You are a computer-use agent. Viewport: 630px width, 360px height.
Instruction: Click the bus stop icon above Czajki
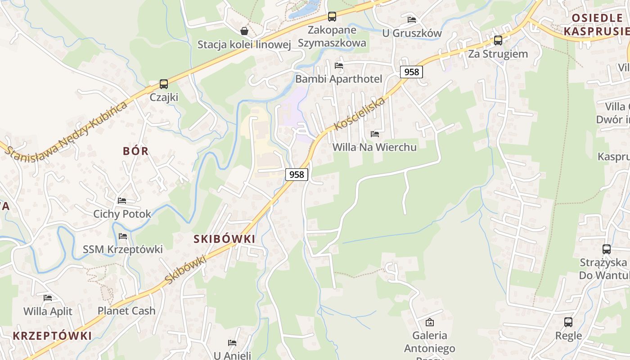(x=164, y=84)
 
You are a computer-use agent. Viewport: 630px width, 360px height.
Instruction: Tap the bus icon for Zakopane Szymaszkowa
(x=332, y=17)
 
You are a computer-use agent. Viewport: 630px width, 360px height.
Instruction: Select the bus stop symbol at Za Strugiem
(x=498, y=40)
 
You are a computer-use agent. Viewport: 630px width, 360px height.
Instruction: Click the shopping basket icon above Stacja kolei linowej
(x=244, y=31)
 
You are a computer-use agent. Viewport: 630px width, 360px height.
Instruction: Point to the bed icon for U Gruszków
(x=412, y=20)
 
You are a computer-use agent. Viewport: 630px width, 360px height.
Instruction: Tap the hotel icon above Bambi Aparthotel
(x=339, y=66)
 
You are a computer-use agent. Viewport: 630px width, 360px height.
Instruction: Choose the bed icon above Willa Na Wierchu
(x=374, y=134)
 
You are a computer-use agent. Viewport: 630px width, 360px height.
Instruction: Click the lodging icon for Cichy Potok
(x=122, y=201)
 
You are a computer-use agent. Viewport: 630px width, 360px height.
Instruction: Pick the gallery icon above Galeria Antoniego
(x=430, y=322)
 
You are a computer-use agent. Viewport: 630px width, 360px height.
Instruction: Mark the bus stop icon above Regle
(x=568, y=322)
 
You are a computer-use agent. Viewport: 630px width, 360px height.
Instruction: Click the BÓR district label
(x=135, y=151)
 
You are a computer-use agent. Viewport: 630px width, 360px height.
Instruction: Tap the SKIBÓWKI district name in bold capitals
(x=224, y=239)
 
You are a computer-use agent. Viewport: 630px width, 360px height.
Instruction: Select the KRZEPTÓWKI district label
(x=52, y=336)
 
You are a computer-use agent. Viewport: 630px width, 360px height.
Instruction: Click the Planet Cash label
(x=126, y=310)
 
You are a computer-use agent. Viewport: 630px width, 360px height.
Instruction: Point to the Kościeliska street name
(x=360, y=113)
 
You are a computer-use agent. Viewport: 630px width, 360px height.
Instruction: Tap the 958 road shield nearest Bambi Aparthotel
(x=411, y=72)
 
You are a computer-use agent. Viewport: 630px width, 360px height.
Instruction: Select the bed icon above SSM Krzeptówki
(x=123, y=236)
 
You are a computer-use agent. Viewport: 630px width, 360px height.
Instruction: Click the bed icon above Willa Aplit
(x=48, y=298)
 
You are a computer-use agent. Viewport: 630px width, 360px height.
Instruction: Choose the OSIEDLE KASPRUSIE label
(x=596, y=24)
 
